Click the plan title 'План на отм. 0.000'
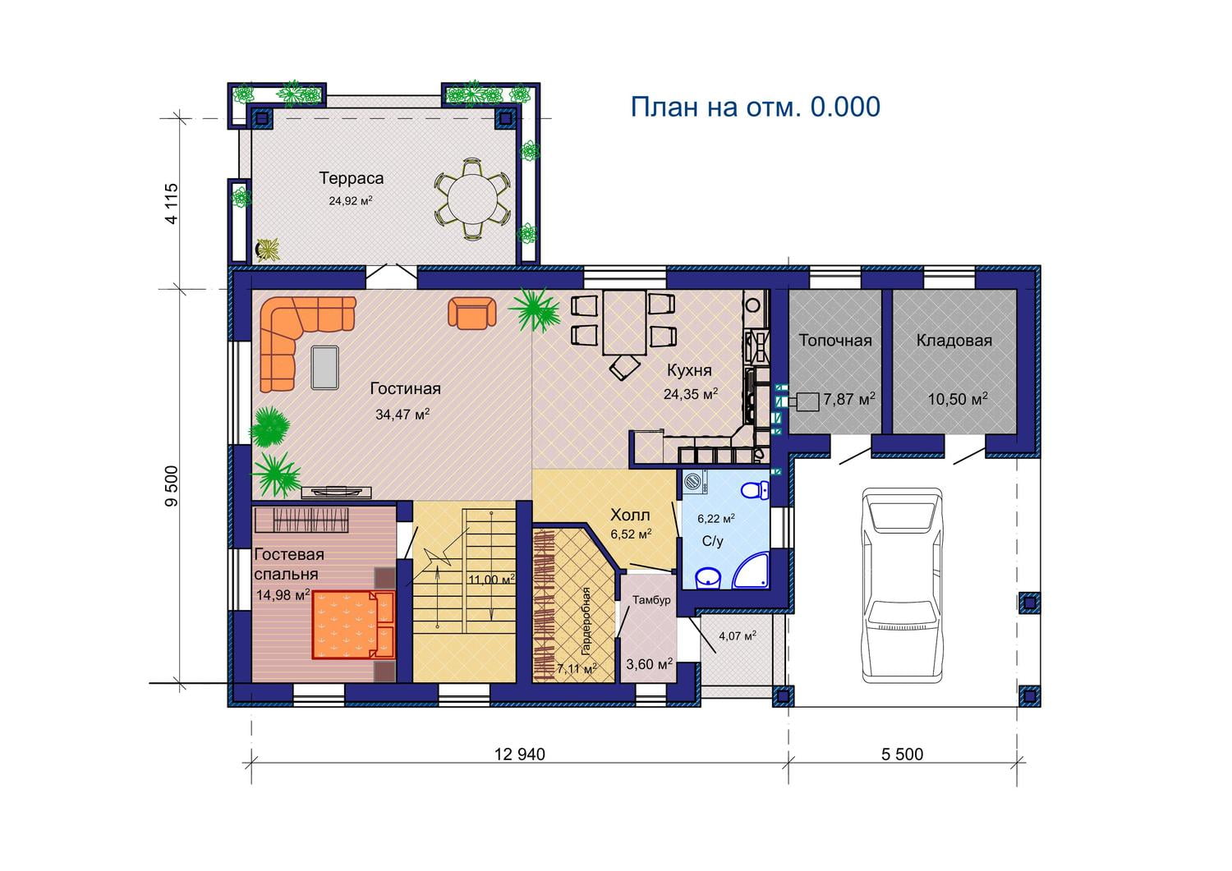(755, 107)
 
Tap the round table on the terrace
(472, 199)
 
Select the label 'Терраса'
(351, 178)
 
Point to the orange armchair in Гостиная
(472, 313)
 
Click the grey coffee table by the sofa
(324, 367)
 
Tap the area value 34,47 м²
(402, 414)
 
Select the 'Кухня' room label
(689, 370)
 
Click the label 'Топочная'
(835, 341)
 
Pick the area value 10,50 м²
(958, 399)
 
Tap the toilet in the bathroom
(755, 489)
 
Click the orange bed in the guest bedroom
(353, 625)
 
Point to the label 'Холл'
(630, 516)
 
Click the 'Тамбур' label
(651, 599)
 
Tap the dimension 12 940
(520, 754)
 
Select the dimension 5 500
(902, 754)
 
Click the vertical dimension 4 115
(172, 204)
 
